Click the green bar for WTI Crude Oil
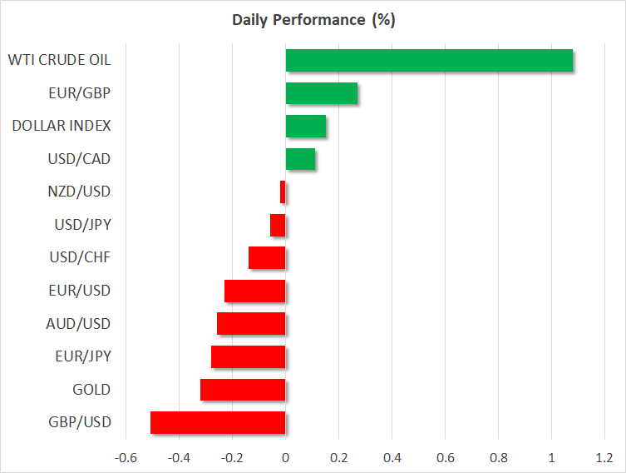(x=429, y=61)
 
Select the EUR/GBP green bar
(x=322, y=93)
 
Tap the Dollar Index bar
(x=306, y=126)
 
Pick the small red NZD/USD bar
(x=283, y=192)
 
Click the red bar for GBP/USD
(x=218, y=423)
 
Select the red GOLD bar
(x=243, y=390)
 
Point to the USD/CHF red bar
(x=267, y=258)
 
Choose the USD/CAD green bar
(x=300, y=159)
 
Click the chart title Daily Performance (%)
(x=313, y=20)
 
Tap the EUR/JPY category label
(x=83, y=356)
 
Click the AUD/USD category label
(x=78, y=323)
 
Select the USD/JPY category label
(x=83, y=225)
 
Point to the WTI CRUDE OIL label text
(x=60, y=60)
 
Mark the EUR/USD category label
(x=80, y=291)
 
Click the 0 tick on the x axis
(x=285, y=458)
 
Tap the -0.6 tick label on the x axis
(x=126, y=458)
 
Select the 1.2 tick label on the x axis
(x=604, y=458)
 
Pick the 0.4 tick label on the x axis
(x=392, y=458)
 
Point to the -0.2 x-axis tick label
(x=232, y=458)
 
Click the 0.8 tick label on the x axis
(x=499, y=458)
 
